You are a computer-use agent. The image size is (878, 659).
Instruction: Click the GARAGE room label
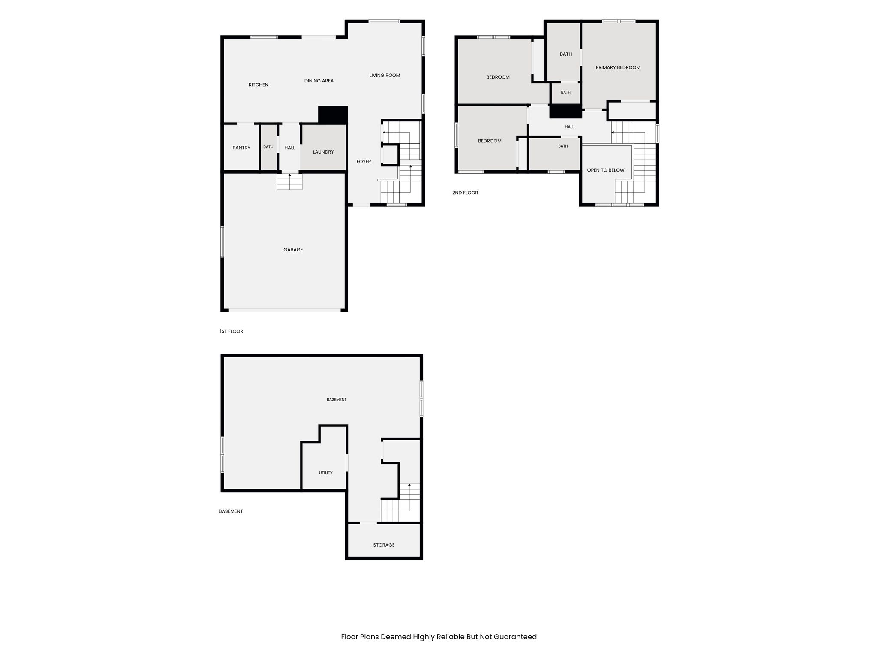[293, 250]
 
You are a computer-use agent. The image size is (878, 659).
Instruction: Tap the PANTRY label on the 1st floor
[241, 148]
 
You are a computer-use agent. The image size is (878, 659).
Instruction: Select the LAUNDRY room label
[323, 152]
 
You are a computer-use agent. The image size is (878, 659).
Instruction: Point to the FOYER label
[364, 162]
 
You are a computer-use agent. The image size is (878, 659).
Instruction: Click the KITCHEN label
[259, 85]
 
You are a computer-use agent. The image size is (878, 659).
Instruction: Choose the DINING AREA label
[319, 81]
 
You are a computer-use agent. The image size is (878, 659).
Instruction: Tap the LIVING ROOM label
[385, 76]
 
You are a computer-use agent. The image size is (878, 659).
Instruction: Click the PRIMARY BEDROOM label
[618, 67]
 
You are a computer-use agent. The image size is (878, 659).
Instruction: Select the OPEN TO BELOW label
[606, 170]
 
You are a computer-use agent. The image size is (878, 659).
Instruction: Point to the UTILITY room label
[325, 472]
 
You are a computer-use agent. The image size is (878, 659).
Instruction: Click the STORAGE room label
[384, 545]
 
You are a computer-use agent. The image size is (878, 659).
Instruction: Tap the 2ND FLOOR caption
[465, 193]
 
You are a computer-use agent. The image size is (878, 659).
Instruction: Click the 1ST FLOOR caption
[232, 331]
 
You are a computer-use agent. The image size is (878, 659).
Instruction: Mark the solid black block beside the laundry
[333, 115]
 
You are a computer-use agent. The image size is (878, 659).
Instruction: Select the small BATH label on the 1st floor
[268, 147]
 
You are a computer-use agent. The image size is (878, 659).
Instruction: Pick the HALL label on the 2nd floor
[569, 127]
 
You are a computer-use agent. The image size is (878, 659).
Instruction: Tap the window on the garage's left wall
[222, 242]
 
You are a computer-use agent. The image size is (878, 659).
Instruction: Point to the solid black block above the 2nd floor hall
[565, 111]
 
